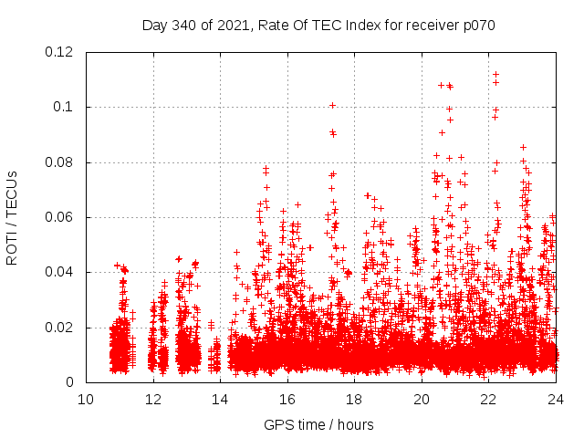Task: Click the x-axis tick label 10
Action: click(86, 400)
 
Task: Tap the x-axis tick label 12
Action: click(153, 400)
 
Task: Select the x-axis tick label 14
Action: click(220, 400)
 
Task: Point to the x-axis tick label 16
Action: click(287, 400)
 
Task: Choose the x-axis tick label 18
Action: click(354, 400)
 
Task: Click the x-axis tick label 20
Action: click(422, 400)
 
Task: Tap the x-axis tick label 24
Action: click(556, 400)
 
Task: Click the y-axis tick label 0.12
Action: click(59, 52)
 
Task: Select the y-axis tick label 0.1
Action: click(64, 107)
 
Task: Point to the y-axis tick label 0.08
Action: click(59, 162)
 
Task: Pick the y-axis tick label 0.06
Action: click(59, 217)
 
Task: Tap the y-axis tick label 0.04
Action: click(59, 272)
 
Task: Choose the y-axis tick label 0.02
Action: click(59, 328)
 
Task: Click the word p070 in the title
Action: click(476, 25)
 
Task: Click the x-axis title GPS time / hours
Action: click(319, 424)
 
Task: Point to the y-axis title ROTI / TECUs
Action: click(12, 217)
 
